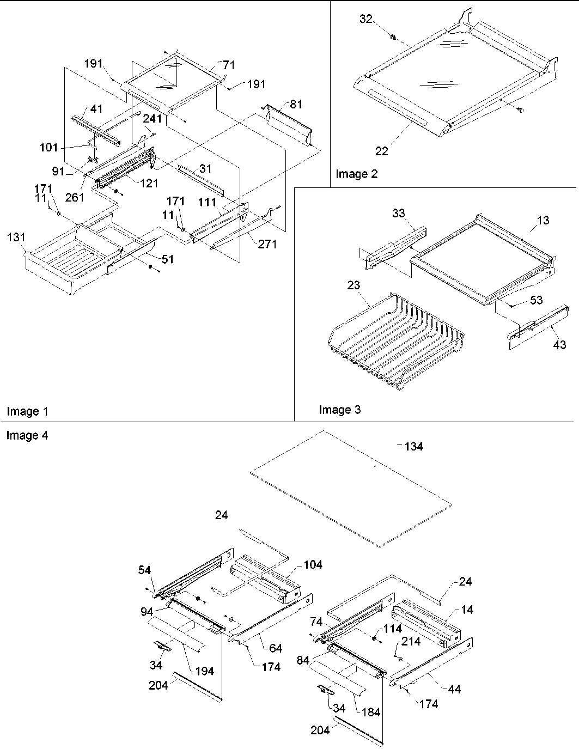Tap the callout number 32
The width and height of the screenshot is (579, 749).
coord(365,19)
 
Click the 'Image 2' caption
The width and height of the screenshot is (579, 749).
coord(356,174)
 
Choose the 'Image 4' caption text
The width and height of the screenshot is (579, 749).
coord(27,435)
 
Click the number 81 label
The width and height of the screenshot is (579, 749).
coord(296,104)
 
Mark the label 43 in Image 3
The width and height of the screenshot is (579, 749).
coord(559,344)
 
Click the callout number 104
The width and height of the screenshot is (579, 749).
coord(313,565)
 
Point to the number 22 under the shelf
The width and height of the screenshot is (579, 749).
coord(381,151)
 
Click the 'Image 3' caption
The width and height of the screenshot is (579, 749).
coord(339,410)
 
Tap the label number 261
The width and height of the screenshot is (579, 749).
coord(74,197)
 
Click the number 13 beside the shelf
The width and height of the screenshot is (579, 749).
coord(543,220)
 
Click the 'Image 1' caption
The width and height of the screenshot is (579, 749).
coord(27,411)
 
